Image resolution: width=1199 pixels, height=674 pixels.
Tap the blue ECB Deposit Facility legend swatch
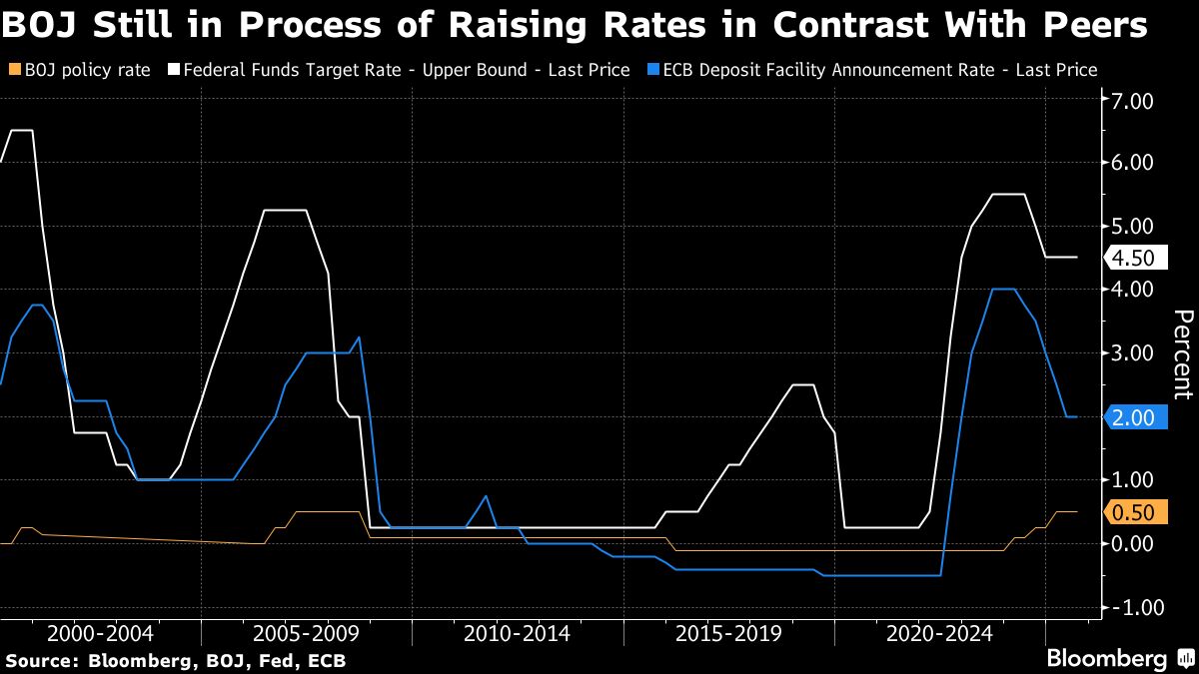coord(652,70)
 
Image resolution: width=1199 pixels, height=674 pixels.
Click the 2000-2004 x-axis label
coord(100,633)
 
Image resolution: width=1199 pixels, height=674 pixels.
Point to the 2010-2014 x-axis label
coord(517,633)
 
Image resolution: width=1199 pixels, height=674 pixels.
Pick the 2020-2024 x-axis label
coord(940,633)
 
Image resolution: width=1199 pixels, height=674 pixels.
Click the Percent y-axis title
coord(1182,354)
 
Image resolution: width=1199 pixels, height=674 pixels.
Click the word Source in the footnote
coord(39,661)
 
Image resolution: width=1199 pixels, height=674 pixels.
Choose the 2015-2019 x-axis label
coord(728,633)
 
